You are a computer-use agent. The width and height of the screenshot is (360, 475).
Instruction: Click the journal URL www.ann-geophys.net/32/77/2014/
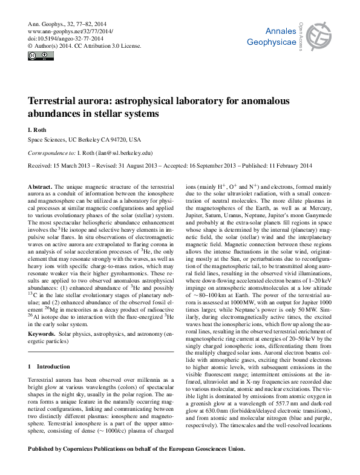pyautogui.click(x=71, y=31)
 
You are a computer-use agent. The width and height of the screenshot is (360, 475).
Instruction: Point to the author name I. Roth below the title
pyautogui.click(x=38, y=129)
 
